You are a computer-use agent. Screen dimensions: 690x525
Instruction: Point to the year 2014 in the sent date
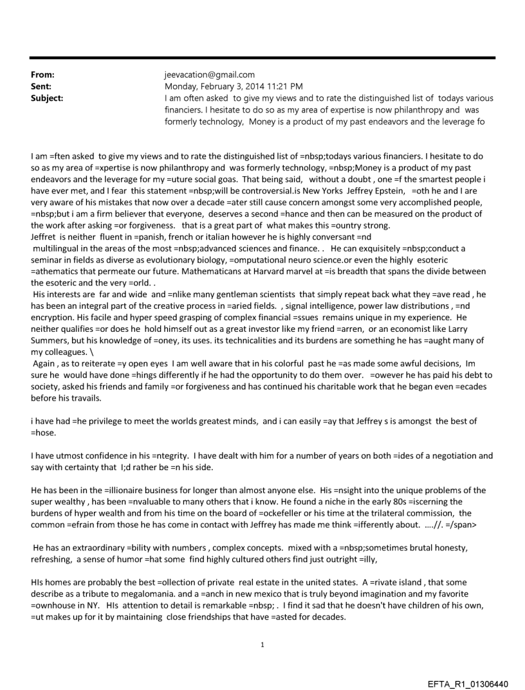click(x=259, y=86)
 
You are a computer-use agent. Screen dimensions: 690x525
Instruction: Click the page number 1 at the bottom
click(x=262, y=644)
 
